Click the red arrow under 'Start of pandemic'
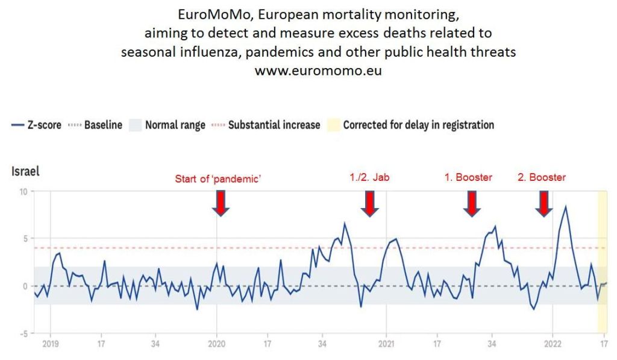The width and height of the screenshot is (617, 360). tap(221, 203)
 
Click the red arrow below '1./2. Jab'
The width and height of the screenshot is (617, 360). tap(371, 203)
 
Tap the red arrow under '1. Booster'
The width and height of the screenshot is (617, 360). tap(472, 203)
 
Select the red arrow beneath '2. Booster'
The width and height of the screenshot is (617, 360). tap(544, 203)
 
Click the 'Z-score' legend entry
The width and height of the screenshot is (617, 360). tap(36, 125)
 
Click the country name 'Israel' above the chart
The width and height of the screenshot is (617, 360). tap(25, 171)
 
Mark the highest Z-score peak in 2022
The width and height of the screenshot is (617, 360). tap(565, 207)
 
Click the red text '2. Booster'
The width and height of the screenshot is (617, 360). tap(542, 178)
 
